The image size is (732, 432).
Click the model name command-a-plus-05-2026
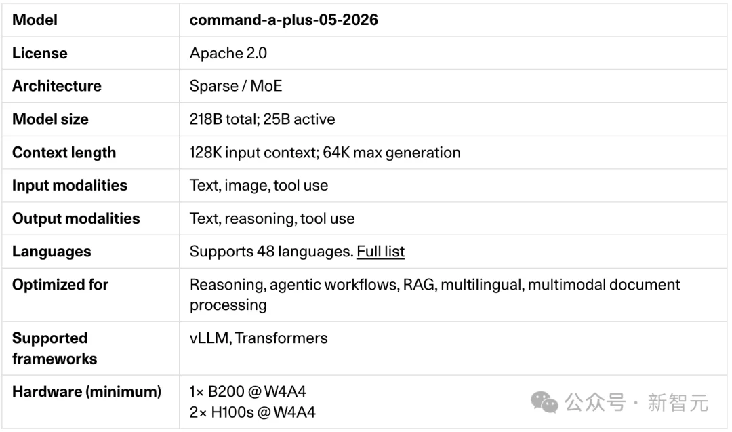[283, 20]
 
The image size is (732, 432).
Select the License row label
[40, 54]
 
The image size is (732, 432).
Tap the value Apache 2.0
[228, 54]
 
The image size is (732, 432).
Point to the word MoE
[266, 86]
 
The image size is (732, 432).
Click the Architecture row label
[56, 86]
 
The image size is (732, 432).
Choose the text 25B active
[299, 119]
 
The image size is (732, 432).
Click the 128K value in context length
[206, 152]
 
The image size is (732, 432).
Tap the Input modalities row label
[70, 185]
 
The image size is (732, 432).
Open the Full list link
[380, 251]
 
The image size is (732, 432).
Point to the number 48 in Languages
[265, 251]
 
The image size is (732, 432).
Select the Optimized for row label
[60, 284]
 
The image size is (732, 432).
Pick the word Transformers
[281, 338]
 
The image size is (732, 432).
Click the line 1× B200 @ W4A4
[247, 391]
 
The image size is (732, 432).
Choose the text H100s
[232, 412]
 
